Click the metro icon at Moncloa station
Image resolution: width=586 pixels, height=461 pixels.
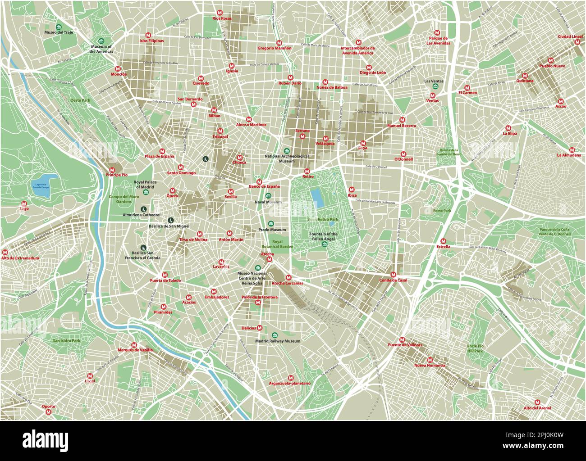coord(119,68)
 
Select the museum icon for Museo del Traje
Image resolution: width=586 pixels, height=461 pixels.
coord(60,26)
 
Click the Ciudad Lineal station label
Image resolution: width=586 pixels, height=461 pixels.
coord(570,36)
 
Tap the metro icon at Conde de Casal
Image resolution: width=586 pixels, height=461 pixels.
coord(393,274)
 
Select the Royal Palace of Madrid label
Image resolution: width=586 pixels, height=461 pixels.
coord(144,184)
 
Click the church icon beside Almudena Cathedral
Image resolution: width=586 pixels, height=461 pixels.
coord(143,209)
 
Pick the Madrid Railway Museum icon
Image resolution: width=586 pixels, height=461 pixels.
coord(275,335)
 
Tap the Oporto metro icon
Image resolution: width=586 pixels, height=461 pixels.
coord(49,412)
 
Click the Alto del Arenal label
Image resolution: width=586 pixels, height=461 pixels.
coord(537,408)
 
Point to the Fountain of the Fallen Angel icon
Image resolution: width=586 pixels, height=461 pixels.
coord(325,244)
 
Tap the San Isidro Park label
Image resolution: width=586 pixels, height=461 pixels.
coord(66,341)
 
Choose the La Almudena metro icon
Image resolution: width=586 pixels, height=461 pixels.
coord(572,149)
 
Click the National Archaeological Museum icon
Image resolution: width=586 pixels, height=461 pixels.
coord(286,151)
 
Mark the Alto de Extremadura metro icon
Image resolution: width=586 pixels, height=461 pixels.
coord(5,253)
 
